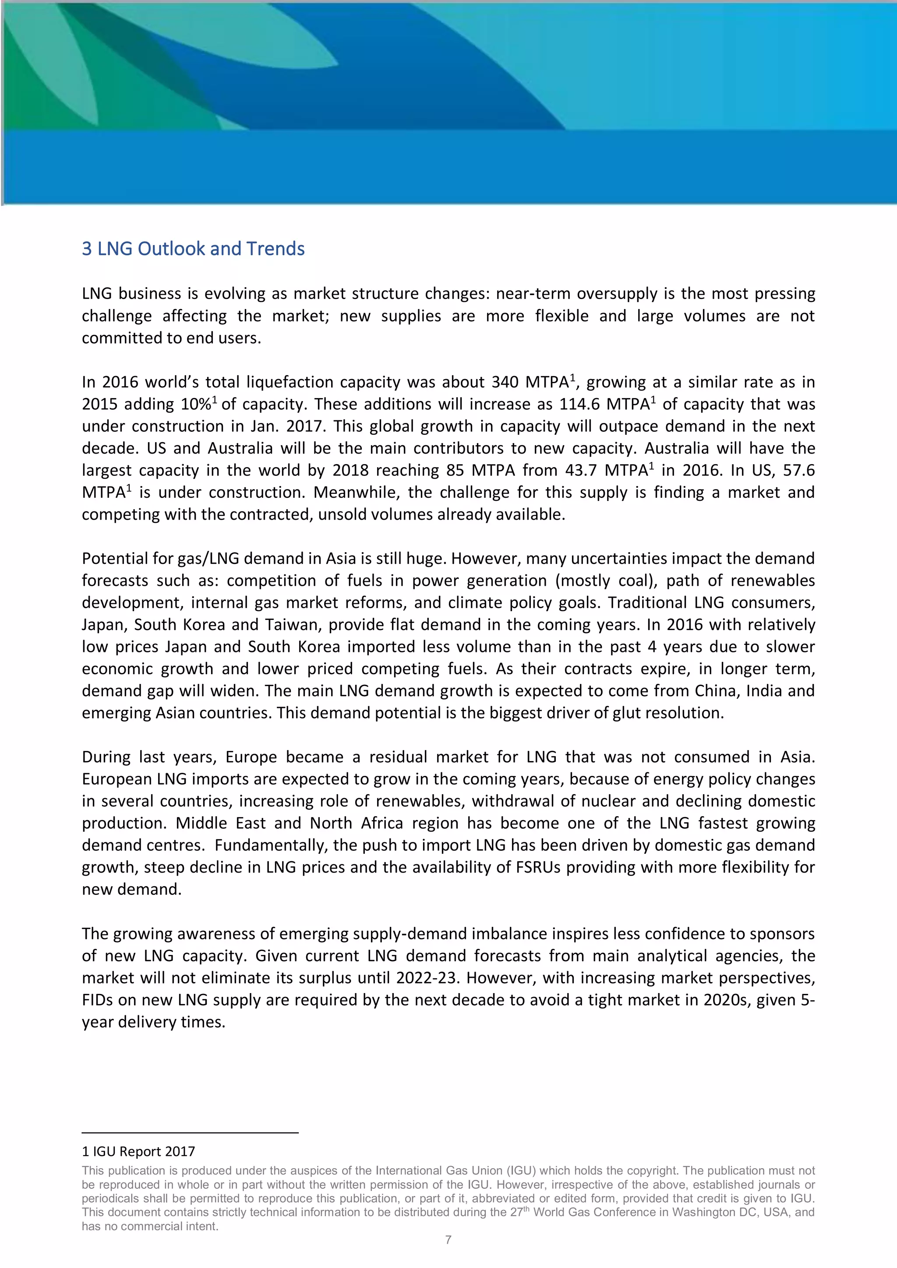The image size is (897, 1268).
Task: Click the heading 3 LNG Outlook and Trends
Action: (x=193, y=249)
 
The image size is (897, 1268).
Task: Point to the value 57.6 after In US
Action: (x=799, y=471)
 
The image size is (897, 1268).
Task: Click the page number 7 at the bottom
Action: (x=448, y=1240)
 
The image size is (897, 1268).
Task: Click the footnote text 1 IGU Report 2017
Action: (x=139, y=1152)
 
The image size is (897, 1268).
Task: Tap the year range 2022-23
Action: (x=427, y=978)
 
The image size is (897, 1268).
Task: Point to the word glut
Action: (x=630, y=713)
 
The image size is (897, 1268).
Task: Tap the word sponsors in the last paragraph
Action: (x=783, y=934)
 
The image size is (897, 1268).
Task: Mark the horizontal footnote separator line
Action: (x=190, y=1133)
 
